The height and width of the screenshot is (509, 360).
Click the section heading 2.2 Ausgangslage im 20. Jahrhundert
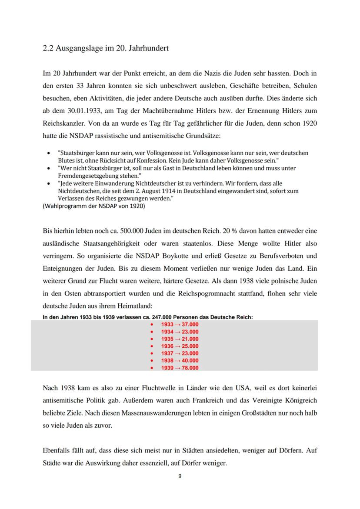pyautogui.click(x=106, y=48)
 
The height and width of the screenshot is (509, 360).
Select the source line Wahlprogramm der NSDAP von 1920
pyautogui.click(x=94, y=206)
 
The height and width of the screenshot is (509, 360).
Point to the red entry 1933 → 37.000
pyautogui.click(x=180, y=324)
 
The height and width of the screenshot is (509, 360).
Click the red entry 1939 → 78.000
pyautogui.click(x=180, y=368)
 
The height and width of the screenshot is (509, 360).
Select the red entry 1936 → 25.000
pyautogui.click(x=180, y=346)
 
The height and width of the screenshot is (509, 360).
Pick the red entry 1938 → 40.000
pyautogui.click(x=180, y=360)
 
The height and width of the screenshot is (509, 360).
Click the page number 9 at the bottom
pyautogui.click(x=180, y=476)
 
